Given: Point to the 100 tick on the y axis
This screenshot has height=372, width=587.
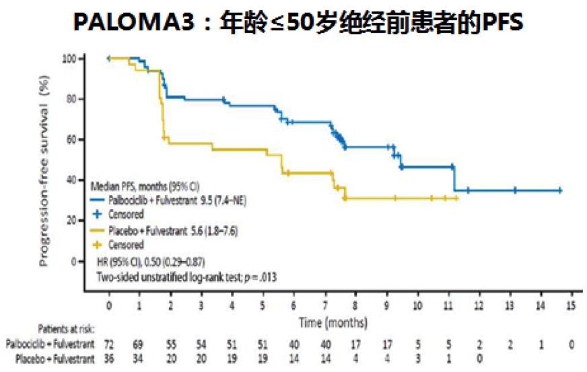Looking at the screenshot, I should point(69,59).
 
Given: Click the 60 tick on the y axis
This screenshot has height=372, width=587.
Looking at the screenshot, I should point(72,139).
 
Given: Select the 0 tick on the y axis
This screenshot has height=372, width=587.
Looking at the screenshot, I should point(75,261).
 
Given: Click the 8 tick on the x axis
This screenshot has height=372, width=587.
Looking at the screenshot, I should point(355,305).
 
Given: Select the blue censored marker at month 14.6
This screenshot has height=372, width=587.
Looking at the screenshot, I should point(560,190).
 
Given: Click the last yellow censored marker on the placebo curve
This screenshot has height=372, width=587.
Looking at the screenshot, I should point(456,198).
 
